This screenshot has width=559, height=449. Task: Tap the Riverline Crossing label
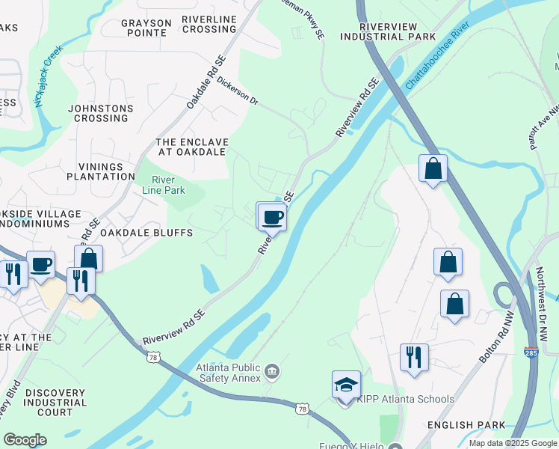point(209,24)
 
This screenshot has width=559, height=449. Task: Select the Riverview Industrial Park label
point(388,31)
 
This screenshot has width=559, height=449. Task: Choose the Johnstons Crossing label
point(100,113)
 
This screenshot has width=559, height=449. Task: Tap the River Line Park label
point(163,185)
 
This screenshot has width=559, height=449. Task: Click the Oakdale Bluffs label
point(146,233)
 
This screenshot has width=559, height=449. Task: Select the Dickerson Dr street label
point(238,91)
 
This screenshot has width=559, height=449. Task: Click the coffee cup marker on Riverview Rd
point(273,218)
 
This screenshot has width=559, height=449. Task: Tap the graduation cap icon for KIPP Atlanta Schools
point(347,385)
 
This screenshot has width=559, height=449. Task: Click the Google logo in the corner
point(25,440)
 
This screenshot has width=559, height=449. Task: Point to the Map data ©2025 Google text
point(512,443)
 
